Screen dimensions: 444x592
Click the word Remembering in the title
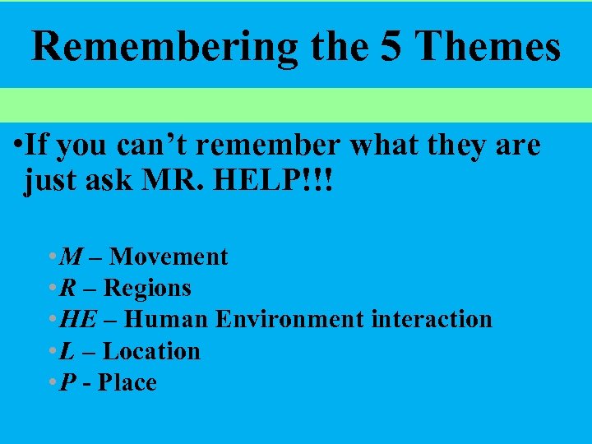(164, 47)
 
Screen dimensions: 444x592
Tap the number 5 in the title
(384, 47)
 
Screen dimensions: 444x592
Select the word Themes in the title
(487, 47)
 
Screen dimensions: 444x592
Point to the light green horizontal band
(296, 105)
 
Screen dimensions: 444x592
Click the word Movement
(169, 257)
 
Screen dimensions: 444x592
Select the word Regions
(148, 288)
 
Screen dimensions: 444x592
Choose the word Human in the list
(168, 319)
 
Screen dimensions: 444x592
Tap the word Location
(151, 351)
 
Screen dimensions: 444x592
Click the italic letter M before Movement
(72, 257)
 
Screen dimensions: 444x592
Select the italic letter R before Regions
(69, 288)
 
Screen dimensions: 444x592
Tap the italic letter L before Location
(67, 351)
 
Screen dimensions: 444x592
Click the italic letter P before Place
(67, 382)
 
